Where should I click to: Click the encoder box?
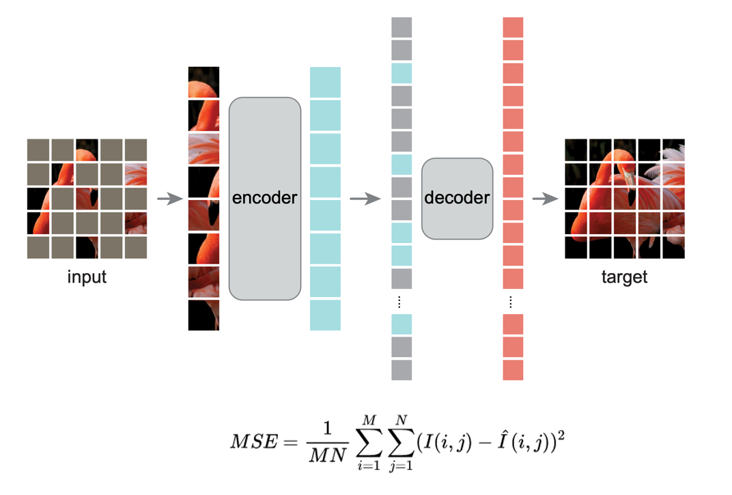[264, 199]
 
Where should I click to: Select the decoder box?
[457, 199]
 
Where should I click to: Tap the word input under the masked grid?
[87, 277]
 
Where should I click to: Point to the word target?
[624, 277]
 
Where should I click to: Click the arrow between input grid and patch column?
[170, 199]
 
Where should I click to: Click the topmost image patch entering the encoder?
[203, 82]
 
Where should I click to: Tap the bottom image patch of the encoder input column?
[203, 315]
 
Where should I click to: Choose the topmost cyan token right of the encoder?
[325, 82]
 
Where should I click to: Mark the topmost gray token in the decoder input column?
[402, 27]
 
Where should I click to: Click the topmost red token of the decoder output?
[513, 27]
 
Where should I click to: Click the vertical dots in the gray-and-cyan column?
[401, 302]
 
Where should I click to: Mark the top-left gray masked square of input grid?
[38, 150]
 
